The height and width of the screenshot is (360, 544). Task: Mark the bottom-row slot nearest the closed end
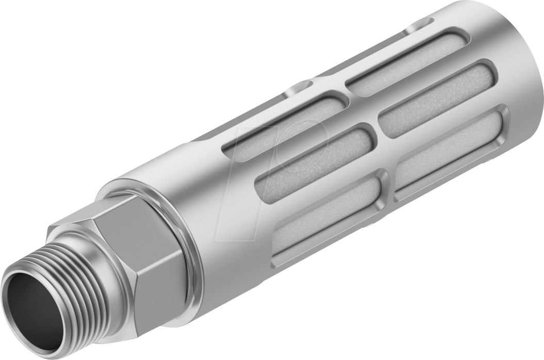(x=449, y=150)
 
